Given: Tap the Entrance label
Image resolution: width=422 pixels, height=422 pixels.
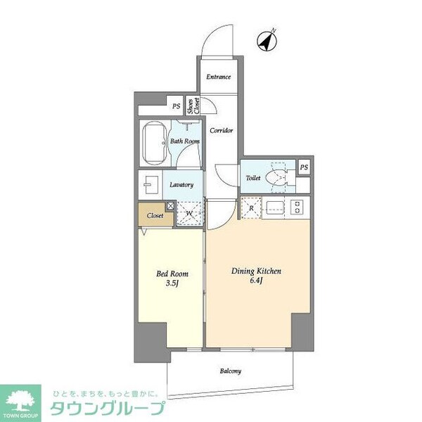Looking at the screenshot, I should point(219,77).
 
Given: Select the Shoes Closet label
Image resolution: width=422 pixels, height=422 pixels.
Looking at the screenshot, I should point(193,105).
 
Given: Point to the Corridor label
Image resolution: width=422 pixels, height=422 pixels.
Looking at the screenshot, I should point(221,131).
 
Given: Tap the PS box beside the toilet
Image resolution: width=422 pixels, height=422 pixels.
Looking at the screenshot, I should point(304,167).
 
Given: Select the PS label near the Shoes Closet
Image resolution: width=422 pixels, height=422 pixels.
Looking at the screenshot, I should point(175,106).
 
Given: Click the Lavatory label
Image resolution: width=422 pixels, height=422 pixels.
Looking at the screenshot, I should point(181,185).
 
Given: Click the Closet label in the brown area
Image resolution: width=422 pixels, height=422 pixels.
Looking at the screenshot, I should point(155,216).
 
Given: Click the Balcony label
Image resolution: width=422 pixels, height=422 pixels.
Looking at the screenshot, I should point(230,371).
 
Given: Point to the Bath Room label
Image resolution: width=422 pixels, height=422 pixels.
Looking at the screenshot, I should point(186,141).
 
